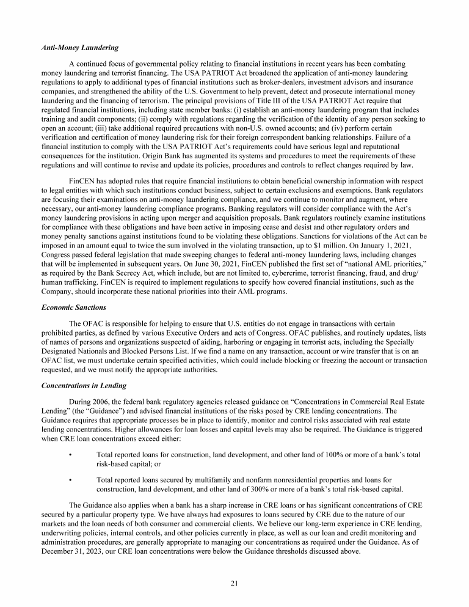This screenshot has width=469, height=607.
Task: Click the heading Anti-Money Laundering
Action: pos(79,48)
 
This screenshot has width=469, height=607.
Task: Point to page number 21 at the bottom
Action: pos(234,583)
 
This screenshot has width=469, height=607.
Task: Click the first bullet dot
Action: pos(71,455)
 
